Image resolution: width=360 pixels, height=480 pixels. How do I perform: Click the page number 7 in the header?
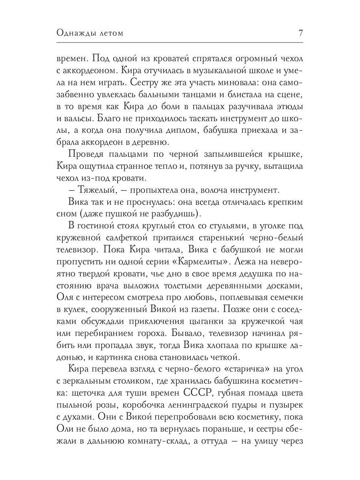300,33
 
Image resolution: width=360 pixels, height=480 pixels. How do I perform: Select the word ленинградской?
196,405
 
